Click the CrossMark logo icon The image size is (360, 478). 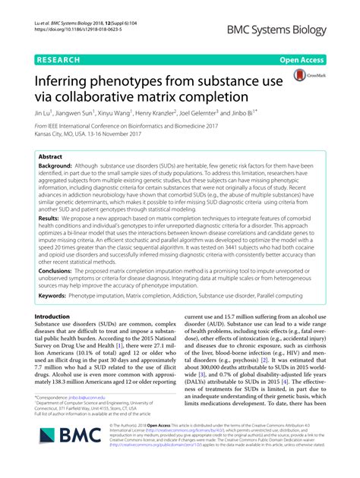[303, 77]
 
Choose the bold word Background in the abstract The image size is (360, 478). [55, 165]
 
